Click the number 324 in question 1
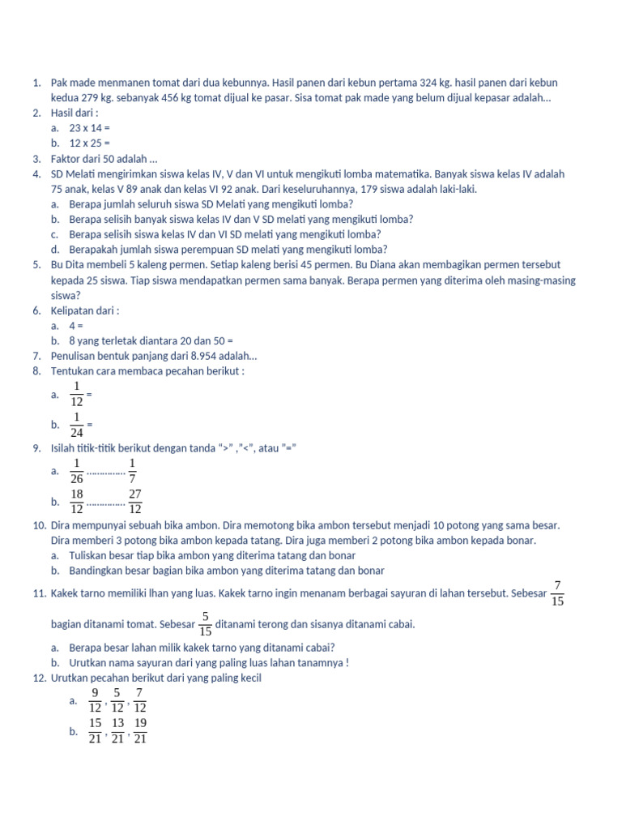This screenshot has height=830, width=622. pyautogui.click(x=429, y=83)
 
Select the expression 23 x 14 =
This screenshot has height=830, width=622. pyautogui.click(x=89, y=128)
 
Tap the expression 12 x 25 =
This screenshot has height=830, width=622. pyautogui.click(x=89, y=143)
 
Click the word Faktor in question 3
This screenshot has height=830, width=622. pyautogui.click(x=66, y=159)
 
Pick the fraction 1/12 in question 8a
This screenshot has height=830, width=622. pyautogui.click(x=77, y=394)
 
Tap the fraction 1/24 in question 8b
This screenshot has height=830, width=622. pyautogui.click(x=77, y=425)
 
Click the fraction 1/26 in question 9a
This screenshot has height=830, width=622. pyautogui.click(x=77, y=470)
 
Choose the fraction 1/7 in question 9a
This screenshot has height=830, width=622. pyautogui.click(x=133, y=470)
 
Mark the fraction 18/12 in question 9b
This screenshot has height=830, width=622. pyautogui.click(x=77, y=501)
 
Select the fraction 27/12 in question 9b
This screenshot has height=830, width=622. pyautogui.click(x=135, y=501)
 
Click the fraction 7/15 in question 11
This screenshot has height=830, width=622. pyautogui.click(x=557, y=593)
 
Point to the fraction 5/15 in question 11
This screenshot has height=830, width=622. pyautogui.click(x=207, y=624)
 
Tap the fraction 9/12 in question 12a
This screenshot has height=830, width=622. pyautogui.click(x=96, y=700)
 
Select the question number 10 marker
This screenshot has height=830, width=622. pyautogui.click(x=39, y=525)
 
